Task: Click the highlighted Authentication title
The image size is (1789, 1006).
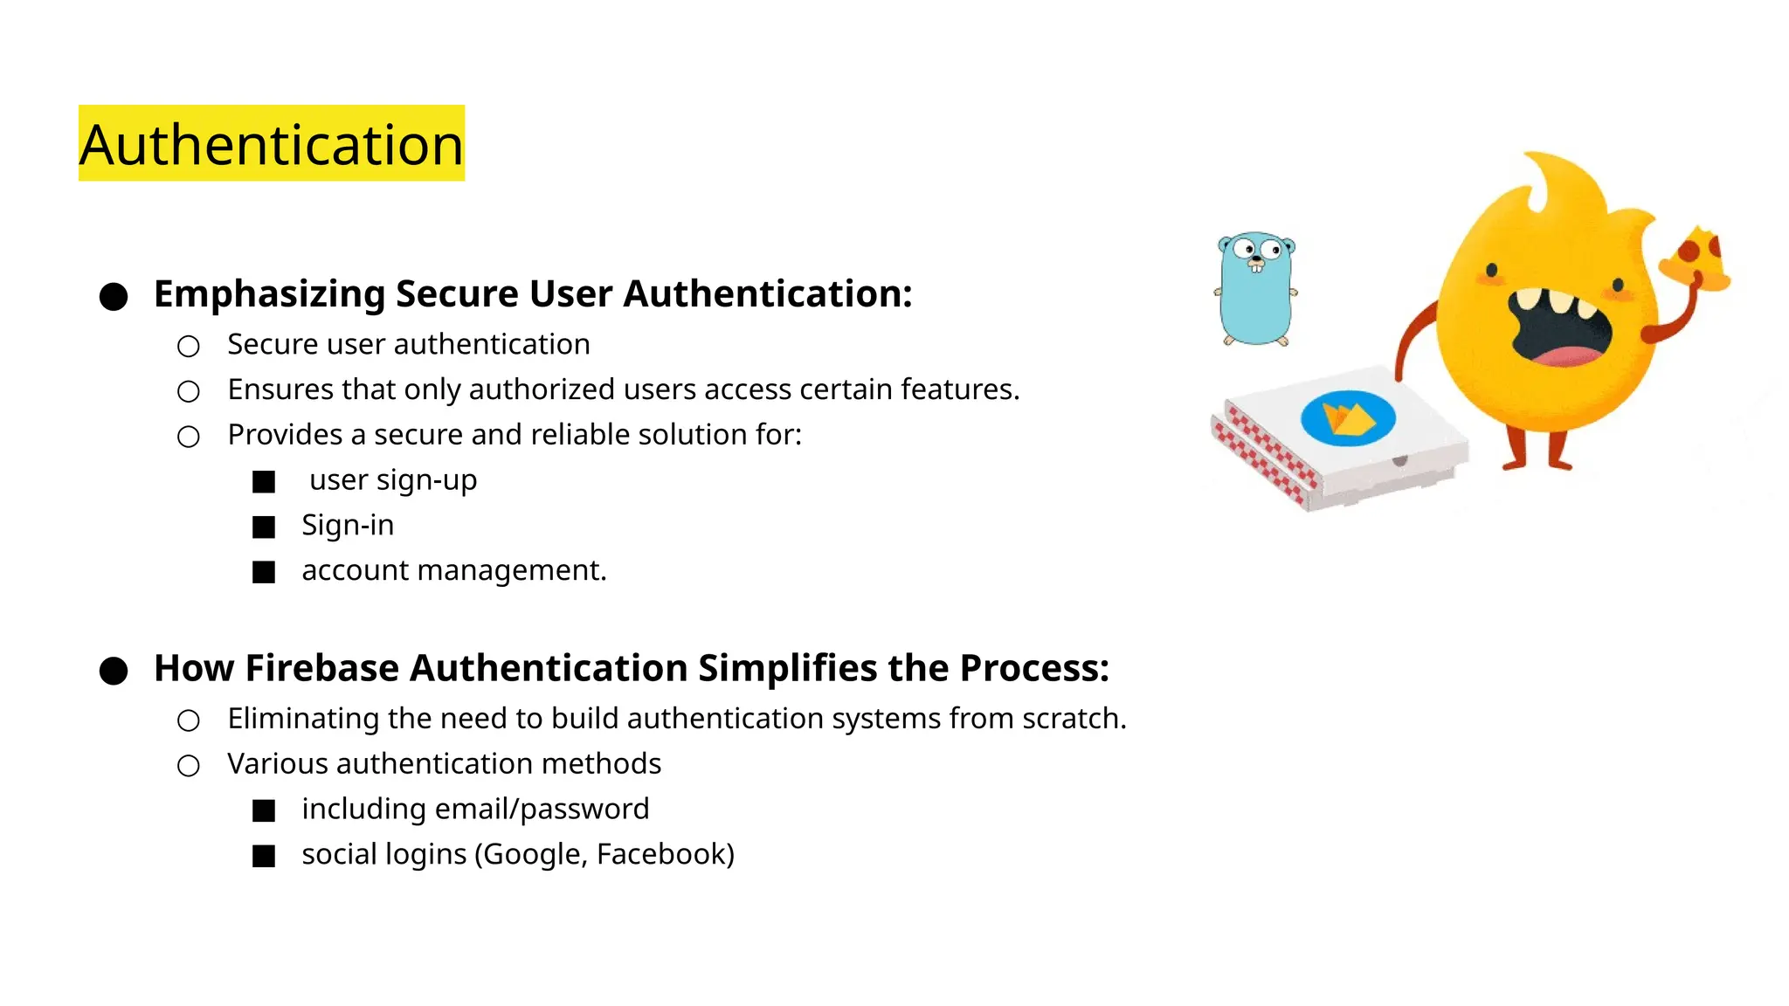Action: (x=272, y=144)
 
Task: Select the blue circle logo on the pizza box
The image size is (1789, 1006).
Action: (x=1348, y=418)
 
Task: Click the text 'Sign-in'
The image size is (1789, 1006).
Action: (x=348, y=525)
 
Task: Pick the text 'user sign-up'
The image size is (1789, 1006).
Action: (x=393, y=480)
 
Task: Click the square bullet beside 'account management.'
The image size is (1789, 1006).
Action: (x=264, y=572)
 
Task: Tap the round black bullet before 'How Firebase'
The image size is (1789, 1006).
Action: (x=114, y=671)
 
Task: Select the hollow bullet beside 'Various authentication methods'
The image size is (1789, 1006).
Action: (x=189, y=766)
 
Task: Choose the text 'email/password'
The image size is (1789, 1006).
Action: (x=542, y=810)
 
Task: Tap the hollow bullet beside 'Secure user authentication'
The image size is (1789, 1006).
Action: (x=189, y=347)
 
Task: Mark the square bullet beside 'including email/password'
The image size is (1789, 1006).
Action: (x=264, y=811)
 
